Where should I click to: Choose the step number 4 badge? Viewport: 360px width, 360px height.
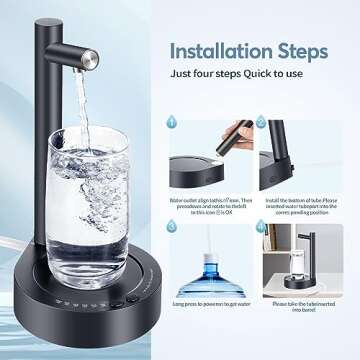pyautogui.click(x=263, y=227)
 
